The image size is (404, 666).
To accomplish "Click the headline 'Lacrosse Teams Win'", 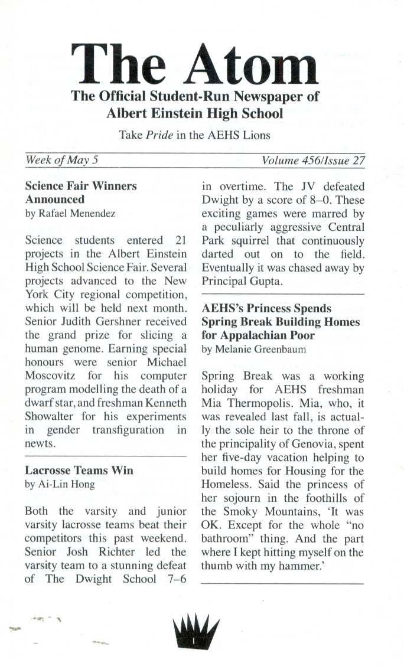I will [79, 471].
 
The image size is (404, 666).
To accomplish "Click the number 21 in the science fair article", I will [177, 240].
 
